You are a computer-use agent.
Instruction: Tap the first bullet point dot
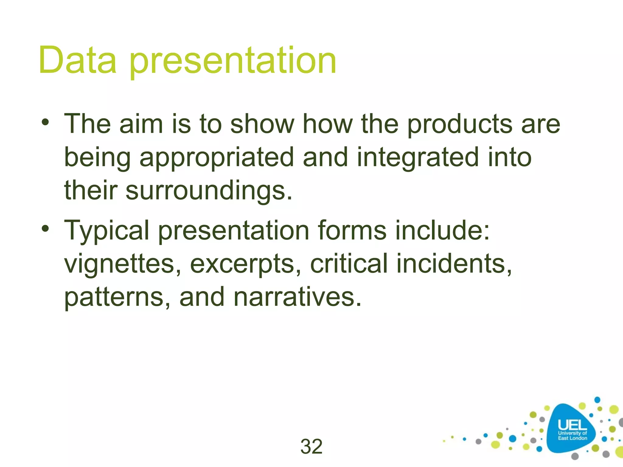(x=45, y=123)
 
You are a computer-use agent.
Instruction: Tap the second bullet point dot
(x=45, y=229)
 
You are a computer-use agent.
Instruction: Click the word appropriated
(x=217, y=158)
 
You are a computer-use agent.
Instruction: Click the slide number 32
(x=311, y=446)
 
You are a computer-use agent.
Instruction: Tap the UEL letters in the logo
(x=572, y=425)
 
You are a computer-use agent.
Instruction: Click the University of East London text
(x=572, y=435)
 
